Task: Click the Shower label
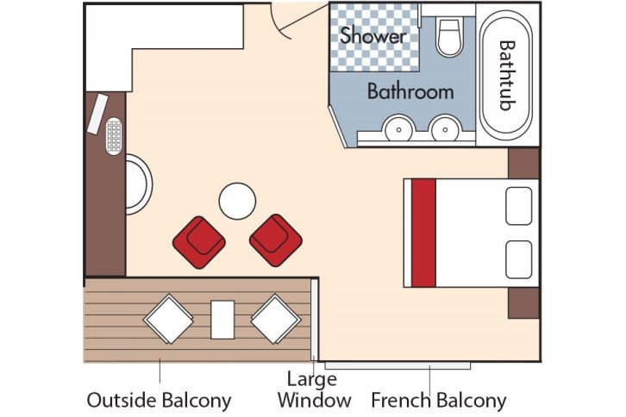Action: (x=372, y=36)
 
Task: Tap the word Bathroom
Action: (x=410, y=90)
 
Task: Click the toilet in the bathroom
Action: (x=450, y=38)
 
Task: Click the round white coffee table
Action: (x=237, y=202)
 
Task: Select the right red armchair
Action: (x=276, y=239)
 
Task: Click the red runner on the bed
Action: (x=423, y=233)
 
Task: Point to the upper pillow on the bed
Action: (x=519, y=206)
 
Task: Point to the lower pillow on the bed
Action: (x=519, y=259)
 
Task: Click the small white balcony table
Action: (x=222, y=319)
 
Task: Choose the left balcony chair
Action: (x=168, y=319)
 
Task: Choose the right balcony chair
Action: (x=275, y=319)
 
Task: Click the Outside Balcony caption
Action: (x=159, y=400)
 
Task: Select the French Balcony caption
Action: (x=438, y=400)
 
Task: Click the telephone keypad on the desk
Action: (x=114, y=136)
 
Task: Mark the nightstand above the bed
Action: (x=523, y=163)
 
